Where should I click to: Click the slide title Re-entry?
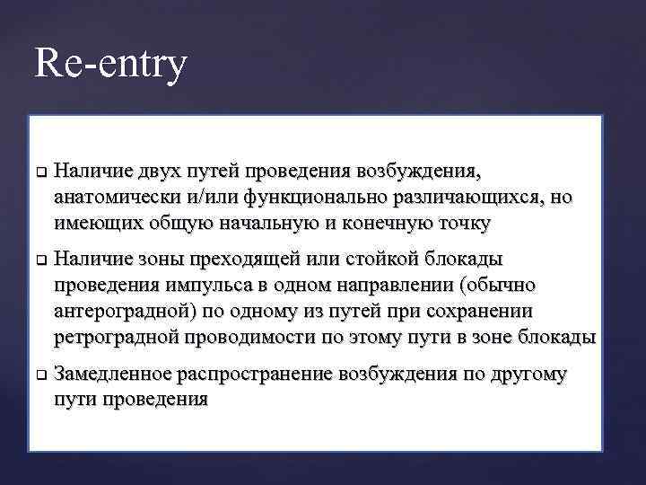click(x=111, y=65)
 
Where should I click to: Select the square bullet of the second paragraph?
click(x=40, y=260)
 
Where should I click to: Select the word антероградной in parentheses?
click(x=115, y=312)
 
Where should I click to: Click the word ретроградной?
click(x=117, y=338)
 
